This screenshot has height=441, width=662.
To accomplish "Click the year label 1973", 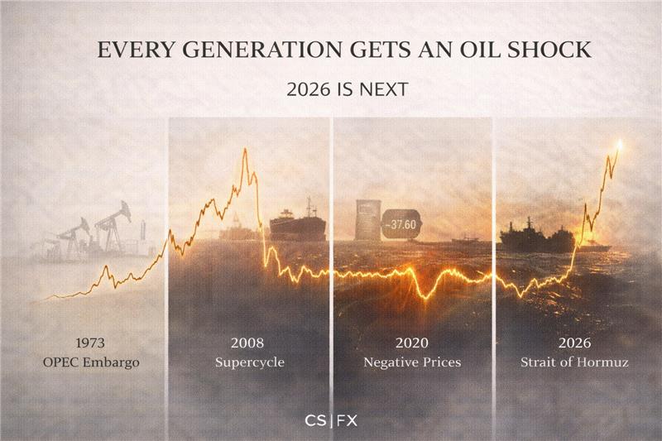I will pos(91,343).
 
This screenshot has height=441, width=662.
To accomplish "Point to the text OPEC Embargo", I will pos(91,362).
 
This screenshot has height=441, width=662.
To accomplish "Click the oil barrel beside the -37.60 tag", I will pos(367,220).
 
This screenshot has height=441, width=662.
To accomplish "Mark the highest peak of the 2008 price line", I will pos(245,150).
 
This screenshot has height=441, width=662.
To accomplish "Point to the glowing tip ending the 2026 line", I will pos(619,144).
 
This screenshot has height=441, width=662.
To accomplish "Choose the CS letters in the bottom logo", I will pos(315,419).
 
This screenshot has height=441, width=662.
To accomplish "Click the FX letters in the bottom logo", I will pos(348,419).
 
